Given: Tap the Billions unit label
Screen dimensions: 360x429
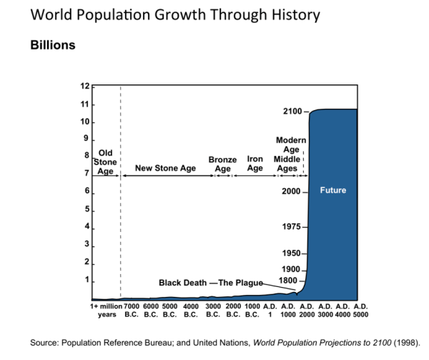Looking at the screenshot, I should click(x=53, y=45).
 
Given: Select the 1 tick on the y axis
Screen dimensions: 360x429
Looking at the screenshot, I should click(x=87, y=279).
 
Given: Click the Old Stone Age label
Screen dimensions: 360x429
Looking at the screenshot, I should click(x=106, y=162).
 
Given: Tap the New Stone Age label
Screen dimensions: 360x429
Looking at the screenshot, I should click(x=165, y=168).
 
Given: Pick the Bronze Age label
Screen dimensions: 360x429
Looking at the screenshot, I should click(x=222, y=165).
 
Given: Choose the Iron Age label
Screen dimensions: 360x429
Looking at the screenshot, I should click(x=255, y=165).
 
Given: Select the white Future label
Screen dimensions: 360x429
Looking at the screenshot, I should click(x=332, y=190).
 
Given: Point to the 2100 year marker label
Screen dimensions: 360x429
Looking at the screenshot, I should click(x=292, y=112).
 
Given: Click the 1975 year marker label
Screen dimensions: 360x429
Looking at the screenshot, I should click(x=292, y=227).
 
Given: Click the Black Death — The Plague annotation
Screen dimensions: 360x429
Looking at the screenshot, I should click(x=211, y=283).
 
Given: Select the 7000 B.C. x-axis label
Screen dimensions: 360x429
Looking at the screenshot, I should click(x=131, y=310).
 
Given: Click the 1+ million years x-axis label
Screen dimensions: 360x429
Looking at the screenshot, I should click(x=107, y=310).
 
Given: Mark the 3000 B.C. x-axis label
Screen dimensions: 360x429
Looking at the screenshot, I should click(x=212, y=310).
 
